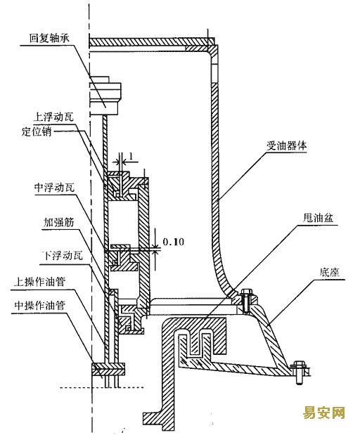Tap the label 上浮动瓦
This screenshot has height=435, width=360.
[53, 117]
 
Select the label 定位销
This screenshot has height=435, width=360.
[37, 131]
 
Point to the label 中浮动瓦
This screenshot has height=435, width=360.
[54, 188]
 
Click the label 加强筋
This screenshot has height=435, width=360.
[59, 222]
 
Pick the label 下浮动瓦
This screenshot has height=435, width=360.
[62, 256]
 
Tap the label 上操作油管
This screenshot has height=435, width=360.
[39, 282]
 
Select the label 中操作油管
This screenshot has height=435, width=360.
[39, 306]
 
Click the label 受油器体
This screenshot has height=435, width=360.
[287, 145]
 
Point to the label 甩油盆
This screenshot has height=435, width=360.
[318, 218]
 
